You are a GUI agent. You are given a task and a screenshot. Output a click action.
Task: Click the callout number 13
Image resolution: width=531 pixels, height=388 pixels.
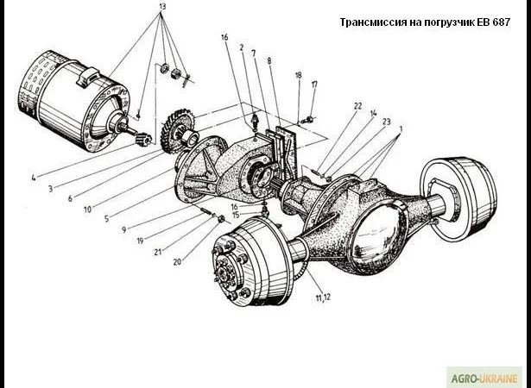161,7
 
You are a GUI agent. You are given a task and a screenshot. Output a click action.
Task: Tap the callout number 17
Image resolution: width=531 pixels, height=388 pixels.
314,84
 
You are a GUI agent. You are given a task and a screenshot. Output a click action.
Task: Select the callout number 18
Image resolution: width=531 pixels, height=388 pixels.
298,76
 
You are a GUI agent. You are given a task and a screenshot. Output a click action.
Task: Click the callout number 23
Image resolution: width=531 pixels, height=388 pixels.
386,122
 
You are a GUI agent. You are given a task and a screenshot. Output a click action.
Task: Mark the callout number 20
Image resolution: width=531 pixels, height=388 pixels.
177,260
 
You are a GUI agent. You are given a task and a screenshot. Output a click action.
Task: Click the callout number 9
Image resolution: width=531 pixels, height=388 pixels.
124,229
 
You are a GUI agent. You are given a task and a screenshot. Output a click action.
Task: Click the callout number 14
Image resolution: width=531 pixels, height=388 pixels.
373,113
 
